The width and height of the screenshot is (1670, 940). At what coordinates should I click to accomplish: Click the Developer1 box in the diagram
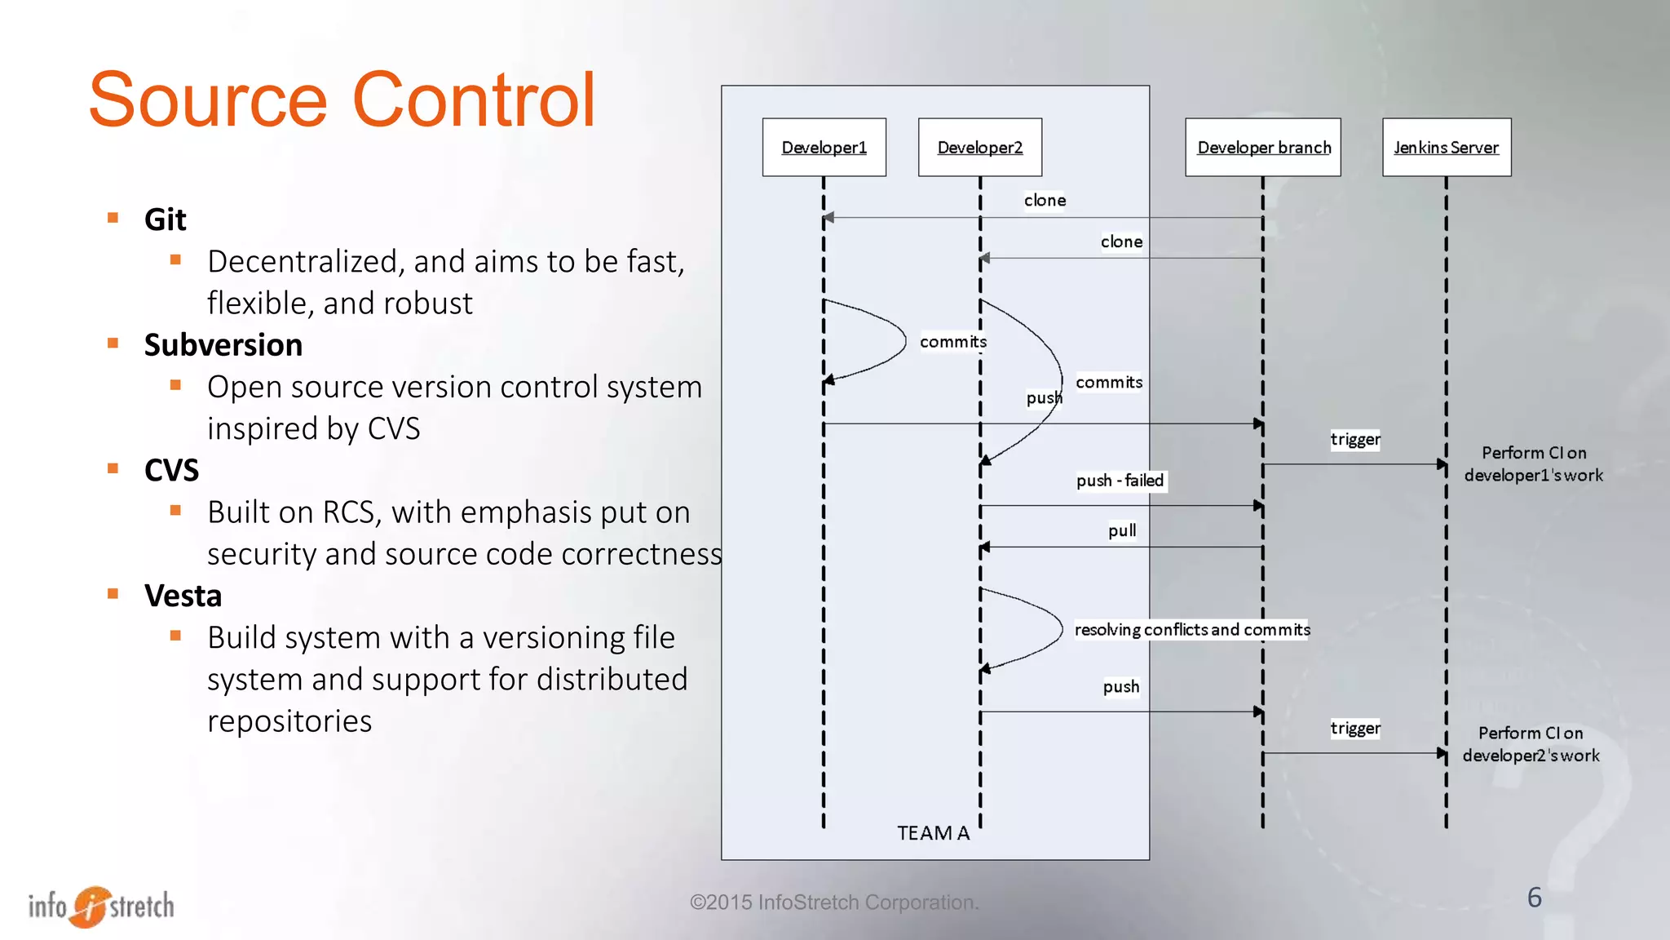coord(824,148)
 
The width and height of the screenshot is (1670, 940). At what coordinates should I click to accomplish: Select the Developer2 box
coord(979,148)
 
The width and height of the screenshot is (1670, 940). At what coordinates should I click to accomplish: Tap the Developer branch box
coord(1263,148)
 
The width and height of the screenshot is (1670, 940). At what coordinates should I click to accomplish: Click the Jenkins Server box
coord(1446,148)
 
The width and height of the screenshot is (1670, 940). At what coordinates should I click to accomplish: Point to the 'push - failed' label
coord(1120,481)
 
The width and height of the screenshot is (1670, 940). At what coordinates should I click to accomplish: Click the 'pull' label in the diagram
coord(1121,530)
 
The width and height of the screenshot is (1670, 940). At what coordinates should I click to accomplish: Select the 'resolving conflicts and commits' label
coord(1191,629)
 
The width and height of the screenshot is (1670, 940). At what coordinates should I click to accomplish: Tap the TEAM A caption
coord(933,833)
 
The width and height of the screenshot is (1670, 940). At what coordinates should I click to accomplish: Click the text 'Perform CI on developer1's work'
coord(1533,463)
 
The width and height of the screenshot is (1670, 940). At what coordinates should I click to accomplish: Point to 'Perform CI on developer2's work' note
coord(1531,744)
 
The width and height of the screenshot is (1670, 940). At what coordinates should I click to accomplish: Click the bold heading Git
coord(165,219)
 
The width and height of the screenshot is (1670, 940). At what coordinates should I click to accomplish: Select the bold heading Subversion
coord(223,345)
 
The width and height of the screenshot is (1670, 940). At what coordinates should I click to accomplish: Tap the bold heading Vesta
coord(183,596)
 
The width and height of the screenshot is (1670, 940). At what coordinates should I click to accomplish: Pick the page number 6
coord(1534,898)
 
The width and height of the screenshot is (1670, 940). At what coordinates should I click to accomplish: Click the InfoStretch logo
coord(101,906)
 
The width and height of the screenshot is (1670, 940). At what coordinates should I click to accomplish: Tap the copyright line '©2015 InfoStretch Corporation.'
coord(833,902)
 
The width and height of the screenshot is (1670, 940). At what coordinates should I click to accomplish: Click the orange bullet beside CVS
coord(113,468)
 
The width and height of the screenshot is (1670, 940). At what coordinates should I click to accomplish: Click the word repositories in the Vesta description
coord(289,721)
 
